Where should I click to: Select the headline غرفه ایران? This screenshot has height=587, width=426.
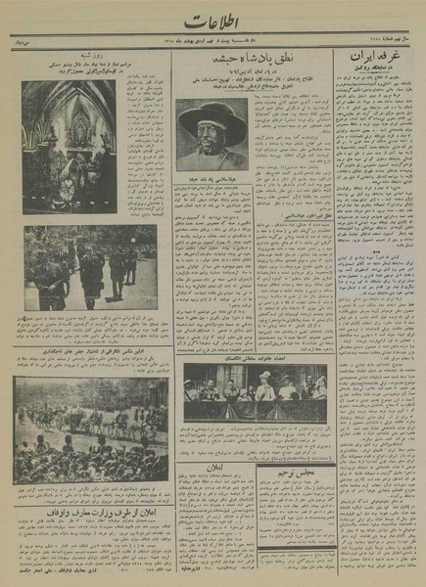coord(378,60)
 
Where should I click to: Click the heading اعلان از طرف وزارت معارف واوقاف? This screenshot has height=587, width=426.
coord(91,509)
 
